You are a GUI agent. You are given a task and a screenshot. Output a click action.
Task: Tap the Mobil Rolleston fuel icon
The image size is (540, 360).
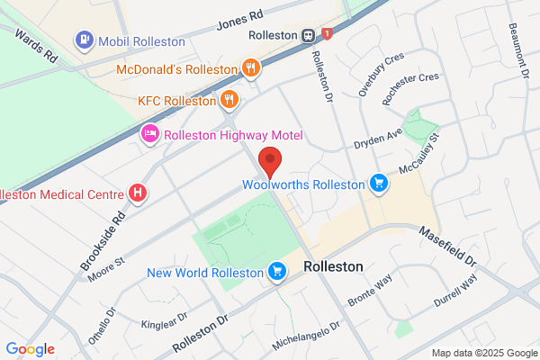84,40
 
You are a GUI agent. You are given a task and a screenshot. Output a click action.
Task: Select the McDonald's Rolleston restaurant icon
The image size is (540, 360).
251,67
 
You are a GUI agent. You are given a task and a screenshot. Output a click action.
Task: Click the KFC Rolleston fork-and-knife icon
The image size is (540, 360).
230,100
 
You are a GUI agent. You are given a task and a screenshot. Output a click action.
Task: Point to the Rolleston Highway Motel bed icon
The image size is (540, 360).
149,135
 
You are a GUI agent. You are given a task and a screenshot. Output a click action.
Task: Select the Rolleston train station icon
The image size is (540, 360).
309,35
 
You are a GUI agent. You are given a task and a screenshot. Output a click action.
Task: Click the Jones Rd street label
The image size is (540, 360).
236,20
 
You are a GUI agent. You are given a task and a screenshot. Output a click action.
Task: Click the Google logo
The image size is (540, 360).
30,348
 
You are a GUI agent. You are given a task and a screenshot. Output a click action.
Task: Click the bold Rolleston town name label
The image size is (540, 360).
334,267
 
